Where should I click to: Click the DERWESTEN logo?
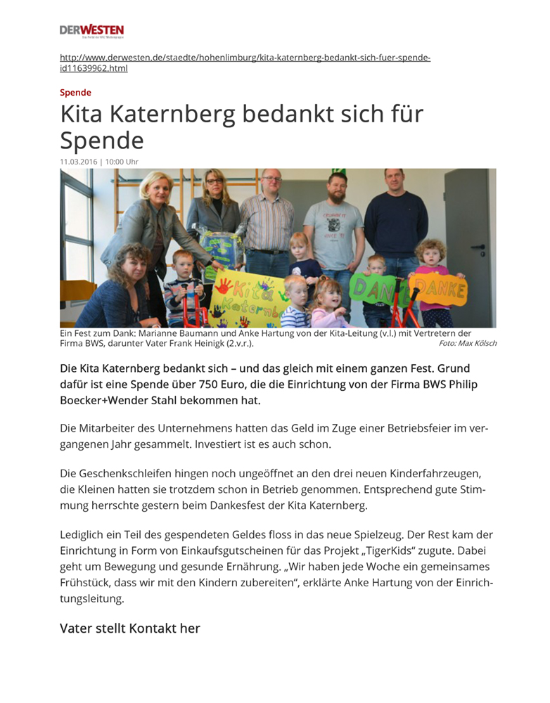[x=91, y=30]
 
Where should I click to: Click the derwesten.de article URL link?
[x=244, y=63]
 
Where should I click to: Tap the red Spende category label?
[x=75, y=92]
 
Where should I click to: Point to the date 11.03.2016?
[x=78, y=162]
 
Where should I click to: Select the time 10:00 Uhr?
[x=122, y=162]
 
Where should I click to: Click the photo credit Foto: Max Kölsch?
[x=467, y=343]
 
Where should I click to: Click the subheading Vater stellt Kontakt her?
[x=130, y=628]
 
